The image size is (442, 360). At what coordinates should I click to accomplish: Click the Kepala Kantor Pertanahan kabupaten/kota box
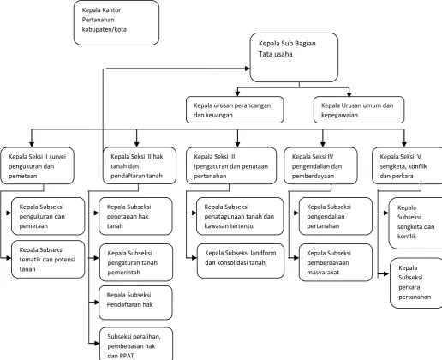click(x=116, y=22)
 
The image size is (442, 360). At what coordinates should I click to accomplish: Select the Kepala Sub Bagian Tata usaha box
click(x=294, y=57)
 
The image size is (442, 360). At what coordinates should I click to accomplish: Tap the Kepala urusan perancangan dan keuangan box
click(x=235, y=110)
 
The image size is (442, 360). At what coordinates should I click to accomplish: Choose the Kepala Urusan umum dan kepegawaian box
click(x=359, y=110)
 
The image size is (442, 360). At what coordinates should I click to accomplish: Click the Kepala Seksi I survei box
click(x=38, y=165)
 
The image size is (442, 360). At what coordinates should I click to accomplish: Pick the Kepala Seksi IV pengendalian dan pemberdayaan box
click(x=320, y=165)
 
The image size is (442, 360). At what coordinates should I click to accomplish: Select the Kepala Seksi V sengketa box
click(x=407, y=165)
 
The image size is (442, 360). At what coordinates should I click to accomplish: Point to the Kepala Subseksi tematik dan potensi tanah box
click(x=48, y=259)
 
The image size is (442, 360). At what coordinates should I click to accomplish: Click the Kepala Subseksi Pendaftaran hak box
click(x=135, y=303)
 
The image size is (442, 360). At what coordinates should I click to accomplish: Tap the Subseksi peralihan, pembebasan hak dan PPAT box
click(x=136, y=344)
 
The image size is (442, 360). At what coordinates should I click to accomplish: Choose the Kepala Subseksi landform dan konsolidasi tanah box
click(x=241, y=261)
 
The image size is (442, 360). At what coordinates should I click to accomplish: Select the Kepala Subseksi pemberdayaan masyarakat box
click(x=336, y=262)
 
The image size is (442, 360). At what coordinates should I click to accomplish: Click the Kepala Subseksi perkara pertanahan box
click(x=416, y=283)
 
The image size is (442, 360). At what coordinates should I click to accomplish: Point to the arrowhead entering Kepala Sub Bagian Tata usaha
click(x=248, y=69)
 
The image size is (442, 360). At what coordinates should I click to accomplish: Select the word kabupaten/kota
click(x=105, y=29)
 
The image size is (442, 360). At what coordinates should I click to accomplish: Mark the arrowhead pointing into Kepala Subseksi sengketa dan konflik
click(x=386, y=213)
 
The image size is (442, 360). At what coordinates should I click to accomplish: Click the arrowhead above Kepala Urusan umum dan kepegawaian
click(x=349, y=93)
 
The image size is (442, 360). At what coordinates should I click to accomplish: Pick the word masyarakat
click(x=323, y=273)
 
